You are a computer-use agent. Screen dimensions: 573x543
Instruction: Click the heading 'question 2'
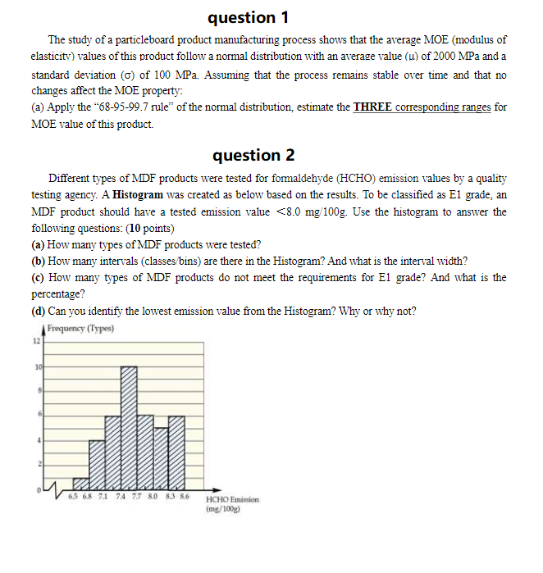253,155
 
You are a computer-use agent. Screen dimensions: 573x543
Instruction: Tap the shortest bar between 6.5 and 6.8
81,483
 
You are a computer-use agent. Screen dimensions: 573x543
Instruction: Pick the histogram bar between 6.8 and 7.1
98,464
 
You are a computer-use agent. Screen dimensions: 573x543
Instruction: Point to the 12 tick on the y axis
35,340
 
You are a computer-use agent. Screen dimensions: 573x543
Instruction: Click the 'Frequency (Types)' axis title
80,329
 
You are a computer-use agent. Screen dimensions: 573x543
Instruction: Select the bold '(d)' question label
38,310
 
